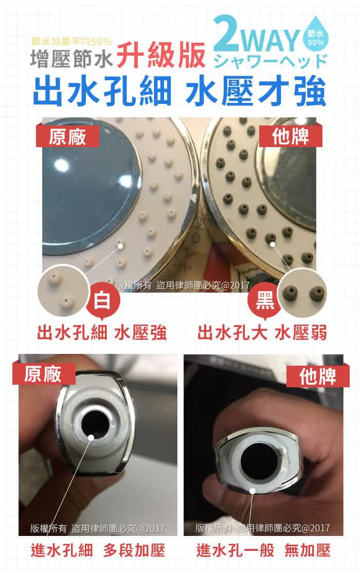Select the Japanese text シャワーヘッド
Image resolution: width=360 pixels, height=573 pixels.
pos(270,61)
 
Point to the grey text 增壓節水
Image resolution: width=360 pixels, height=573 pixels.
pos(71,59)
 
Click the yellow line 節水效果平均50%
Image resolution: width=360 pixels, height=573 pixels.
pos(72,42)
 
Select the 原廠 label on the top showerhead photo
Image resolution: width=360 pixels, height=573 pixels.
pos(67,137)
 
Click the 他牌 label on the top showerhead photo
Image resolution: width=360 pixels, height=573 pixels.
pos(291,137)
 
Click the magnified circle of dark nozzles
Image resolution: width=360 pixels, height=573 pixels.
pos(302,293)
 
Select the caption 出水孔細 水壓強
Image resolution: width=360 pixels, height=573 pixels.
pos(102,333)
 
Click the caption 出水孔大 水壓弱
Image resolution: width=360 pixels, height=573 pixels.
pos(262,333)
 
